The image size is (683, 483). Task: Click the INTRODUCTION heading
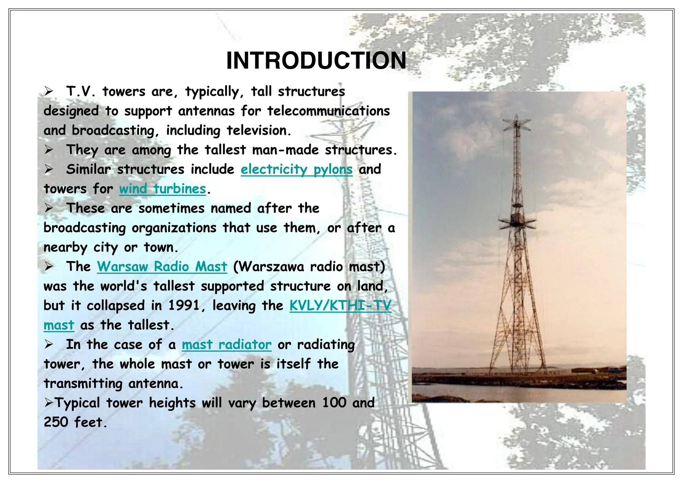316,61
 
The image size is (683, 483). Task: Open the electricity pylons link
296,169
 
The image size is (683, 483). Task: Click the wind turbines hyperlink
162,189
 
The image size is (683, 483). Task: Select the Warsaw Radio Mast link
162,267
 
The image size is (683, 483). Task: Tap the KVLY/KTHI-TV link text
340,306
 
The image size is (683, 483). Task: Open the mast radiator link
226,345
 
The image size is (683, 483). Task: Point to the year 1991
183,306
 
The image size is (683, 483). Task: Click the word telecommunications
328,111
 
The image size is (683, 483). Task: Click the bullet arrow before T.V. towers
49,91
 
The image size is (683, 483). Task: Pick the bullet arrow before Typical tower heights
49,403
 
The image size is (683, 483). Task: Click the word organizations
174,228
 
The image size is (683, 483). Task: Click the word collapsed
116,306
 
